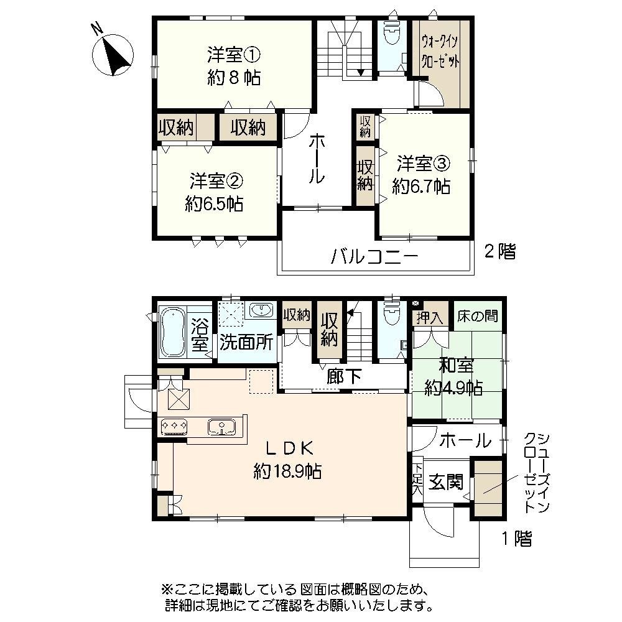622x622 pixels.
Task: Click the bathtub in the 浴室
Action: pos(171,333)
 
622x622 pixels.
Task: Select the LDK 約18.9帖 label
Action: pos(287,459)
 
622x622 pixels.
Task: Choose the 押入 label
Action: pos(430,318)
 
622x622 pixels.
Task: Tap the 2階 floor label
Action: pos(500,252)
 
